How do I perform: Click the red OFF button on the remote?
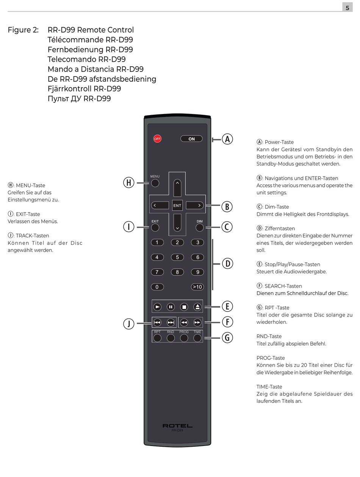tap(157, 139)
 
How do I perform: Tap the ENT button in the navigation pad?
tap(177, 206)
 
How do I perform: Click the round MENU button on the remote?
tap(155, 183)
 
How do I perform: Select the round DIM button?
tap(199, 228)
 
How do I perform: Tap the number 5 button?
tap(177, 257)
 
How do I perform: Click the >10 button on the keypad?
tap(197, 287)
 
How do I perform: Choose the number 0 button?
tap(157, 287)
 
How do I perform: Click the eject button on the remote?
tap(197, 307)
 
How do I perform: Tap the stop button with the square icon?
tap(184, 307)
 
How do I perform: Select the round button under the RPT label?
tap(157, 338)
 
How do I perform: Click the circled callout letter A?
tap(227, 139)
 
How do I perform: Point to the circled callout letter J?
tap(129, 324)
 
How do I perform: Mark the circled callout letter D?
tap(227, 263)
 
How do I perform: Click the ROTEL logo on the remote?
tap(177, 426)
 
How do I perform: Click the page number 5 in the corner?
tap(347, 8)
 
